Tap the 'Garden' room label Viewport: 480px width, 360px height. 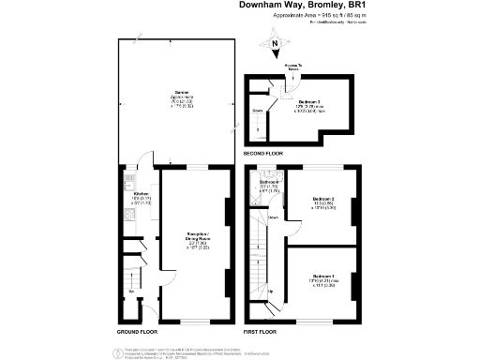click(x=171, y=92)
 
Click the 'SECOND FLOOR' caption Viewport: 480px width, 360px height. click(x=263, y=153)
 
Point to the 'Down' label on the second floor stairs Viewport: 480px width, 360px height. click(x=259, y=111)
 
